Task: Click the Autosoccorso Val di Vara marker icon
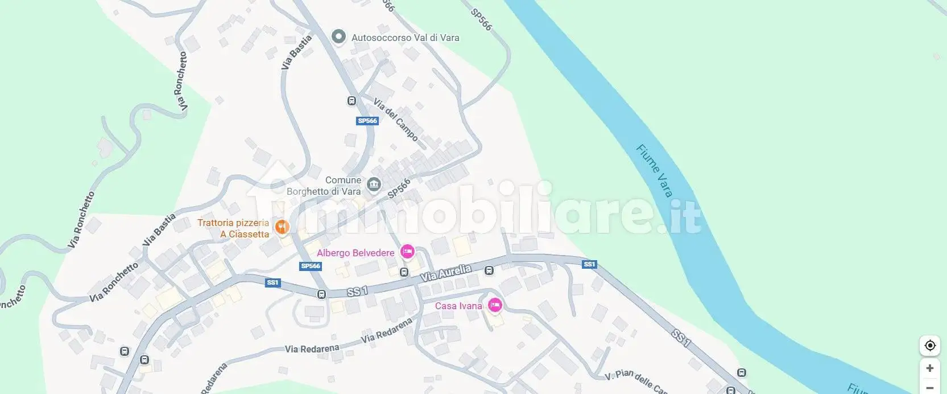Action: pyautogui.click(x=339, y=37)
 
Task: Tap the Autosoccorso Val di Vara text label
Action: pyautogui.click(x=405, y=38)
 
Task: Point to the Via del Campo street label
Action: pyautogui.click(x=395, y=120)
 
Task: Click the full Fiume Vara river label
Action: pyautogui.click(x=654, y=170)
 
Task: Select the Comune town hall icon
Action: pyautogui.click(x=374, y=184)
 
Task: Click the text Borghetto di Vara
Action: pyautogui.click(x=324, y=192)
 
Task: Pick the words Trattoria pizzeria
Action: pyautogui.click(x=233, y=223)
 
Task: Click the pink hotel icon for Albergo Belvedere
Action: pyautogui.click(x=407, y=252)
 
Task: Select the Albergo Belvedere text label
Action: pyautogui.click(x=355, y=253)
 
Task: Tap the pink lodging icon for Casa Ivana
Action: pyautogui.click(x=495, y=305)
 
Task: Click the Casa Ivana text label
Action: pyautogui.click(x=458, y=306)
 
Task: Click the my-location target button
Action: pyautogui.click(x=930, y=346)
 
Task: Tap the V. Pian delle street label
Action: pyautogui.click(x=635, y=380)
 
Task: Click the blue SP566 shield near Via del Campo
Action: pyautogui.click(x=367, y=121)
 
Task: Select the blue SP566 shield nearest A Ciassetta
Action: pyautogui.click(x=311, y=266)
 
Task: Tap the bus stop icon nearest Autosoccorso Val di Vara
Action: pyautogui.click(x=351, y=101)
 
